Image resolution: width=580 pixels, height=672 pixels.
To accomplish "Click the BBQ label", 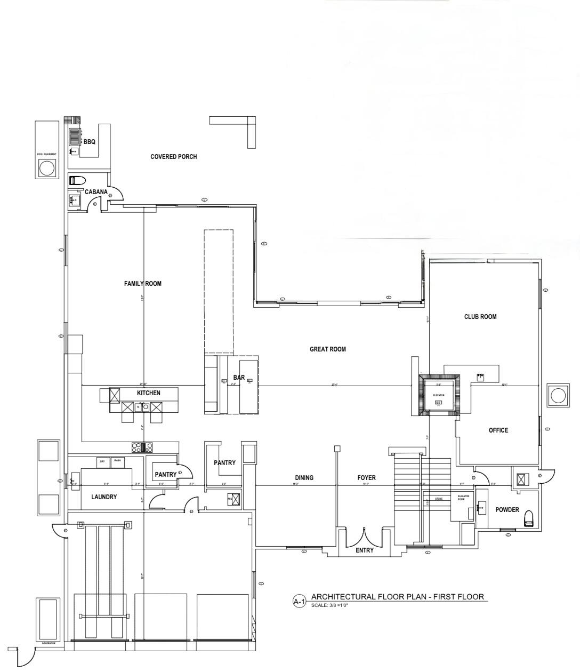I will [89, 142].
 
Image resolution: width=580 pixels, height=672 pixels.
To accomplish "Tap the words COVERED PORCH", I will [173, 157].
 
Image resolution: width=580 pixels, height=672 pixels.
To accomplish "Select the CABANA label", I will [96, 192].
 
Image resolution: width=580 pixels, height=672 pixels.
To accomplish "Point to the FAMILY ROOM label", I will [142, 284].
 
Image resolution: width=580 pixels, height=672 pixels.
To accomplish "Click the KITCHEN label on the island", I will [148, 393].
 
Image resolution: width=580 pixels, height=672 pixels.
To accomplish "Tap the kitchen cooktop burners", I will [142, 447].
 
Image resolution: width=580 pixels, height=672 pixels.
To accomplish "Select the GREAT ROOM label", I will [327, 349].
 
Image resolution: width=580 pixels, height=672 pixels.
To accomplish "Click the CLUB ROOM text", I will [480, 317].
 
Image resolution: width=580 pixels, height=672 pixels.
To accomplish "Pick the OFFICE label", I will [498, 430].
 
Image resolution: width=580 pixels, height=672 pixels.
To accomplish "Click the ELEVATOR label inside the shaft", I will [438, 395].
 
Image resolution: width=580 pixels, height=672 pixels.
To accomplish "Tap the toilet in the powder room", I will [529, 519].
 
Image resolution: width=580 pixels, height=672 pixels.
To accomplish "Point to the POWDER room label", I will [506, 510].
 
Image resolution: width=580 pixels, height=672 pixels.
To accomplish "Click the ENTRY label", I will [364, 550].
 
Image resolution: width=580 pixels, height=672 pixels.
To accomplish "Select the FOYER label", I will [366, 478].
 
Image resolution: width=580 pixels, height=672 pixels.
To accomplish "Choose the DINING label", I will [304, 478].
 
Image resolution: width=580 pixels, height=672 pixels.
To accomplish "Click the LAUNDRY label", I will [103, 497].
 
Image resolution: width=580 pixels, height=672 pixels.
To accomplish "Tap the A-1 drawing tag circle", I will [299, 602].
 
